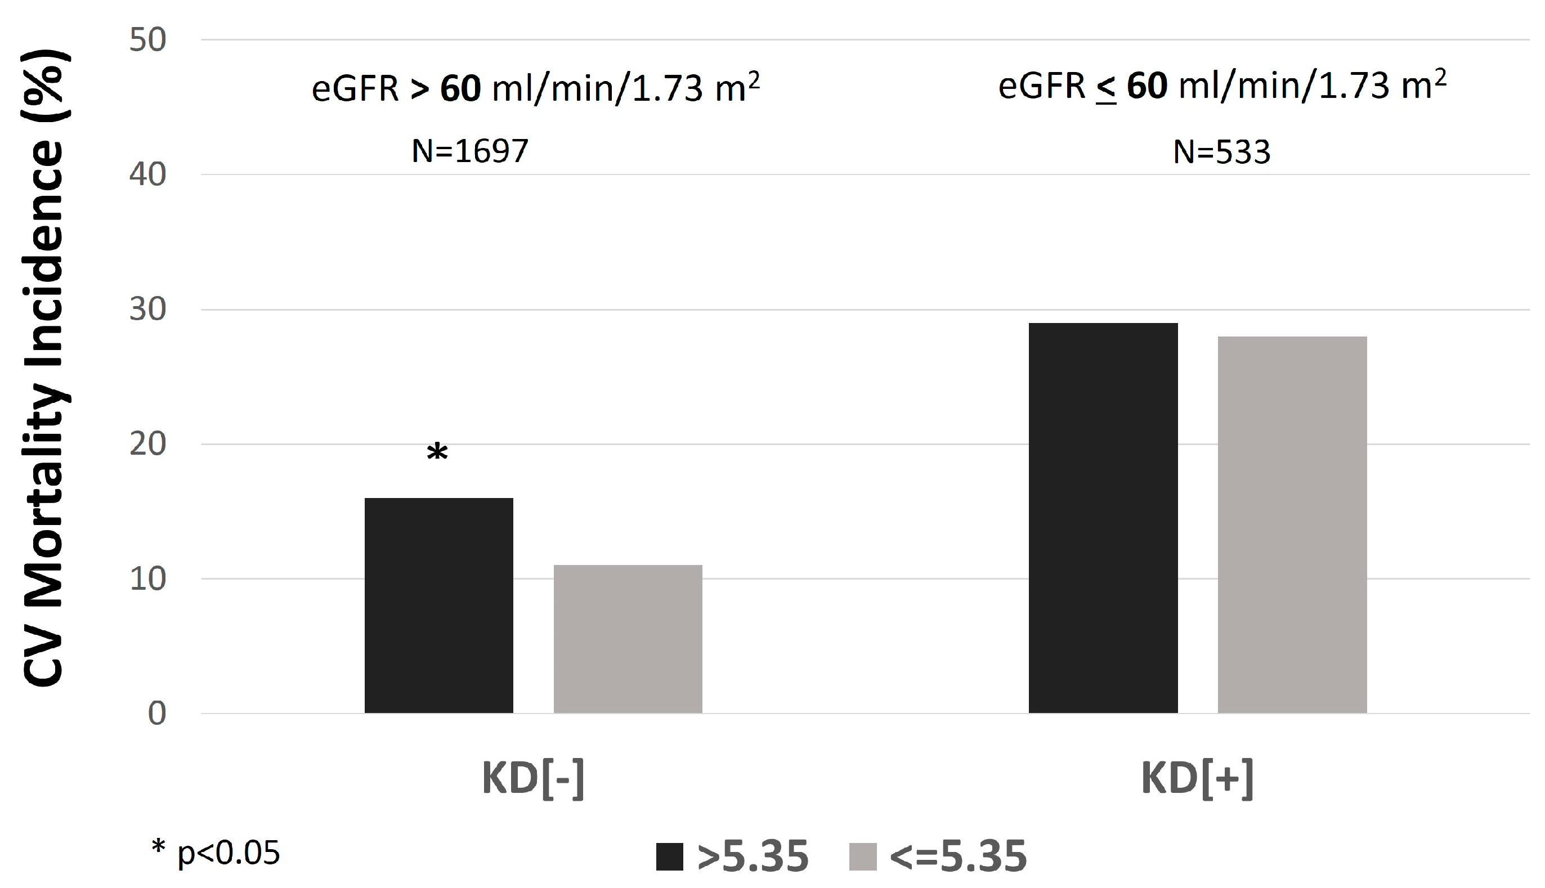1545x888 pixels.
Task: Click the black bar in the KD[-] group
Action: point(438,605)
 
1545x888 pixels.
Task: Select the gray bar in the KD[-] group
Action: point(628,639)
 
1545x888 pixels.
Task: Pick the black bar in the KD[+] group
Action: point(1103,518)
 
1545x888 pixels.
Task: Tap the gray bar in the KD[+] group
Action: point(1292,524)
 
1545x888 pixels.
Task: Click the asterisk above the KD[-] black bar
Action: point(437,453)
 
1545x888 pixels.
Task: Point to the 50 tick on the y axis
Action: point(147,41)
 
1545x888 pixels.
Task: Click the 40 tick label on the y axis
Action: point(147,175)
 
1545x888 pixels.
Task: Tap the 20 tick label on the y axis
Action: point(147,445)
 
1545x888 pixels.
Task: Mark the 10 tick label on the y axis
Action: point(147,580)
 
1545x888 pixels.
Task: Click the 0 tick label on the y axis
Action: point(157,714)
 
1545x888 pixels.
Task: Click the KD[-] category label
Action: point(533,779)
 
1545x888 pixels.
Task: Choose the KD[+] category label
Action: point(1197,779)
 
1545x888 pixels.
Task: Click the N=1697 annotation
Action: point(469,151)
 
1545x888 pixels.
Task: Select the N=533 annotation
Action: point(1222,152)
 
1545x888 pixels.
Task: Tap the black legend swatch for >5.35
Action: point(669,857)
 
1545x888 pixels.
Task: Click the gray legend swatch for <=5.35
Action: point(862,857)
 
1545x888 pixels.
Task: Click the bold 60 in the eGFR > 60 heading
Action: point(460,89)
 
